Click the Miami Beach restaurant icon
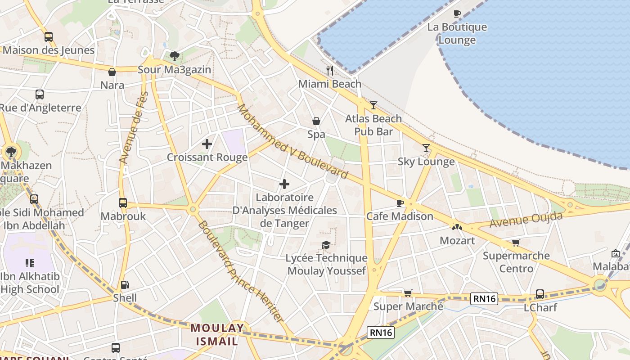click(x=330, y=70)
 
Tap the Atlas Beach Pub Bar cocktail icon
click(x=373, y=105)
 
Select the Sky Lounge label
click(x=426, y=162)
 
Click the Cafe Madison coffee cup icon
click(x=400, y=203)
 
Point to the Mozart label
click(x=457, y=240)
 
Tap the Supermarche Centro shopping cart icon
click(x=516, y=243)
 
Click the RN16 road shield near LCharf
click(x=484, y=298)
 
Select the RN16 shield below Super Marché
click(x=380, y=333)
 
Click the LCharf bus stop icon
click(x=540, y=294)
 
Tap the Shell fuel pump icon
click(x=125, y=284)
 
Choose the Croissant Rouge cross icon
click(x=207, y=144)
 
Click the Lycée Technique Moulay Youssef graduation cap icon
click(x=326, y=245)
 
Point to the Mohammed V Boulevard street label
click(x=292, y=141)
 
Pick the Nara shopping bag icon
click(x=112, y=72)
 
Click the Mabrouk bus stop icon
click(x=123, y=203)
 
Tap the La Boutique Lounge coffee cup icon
click(x=457, y=13)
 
